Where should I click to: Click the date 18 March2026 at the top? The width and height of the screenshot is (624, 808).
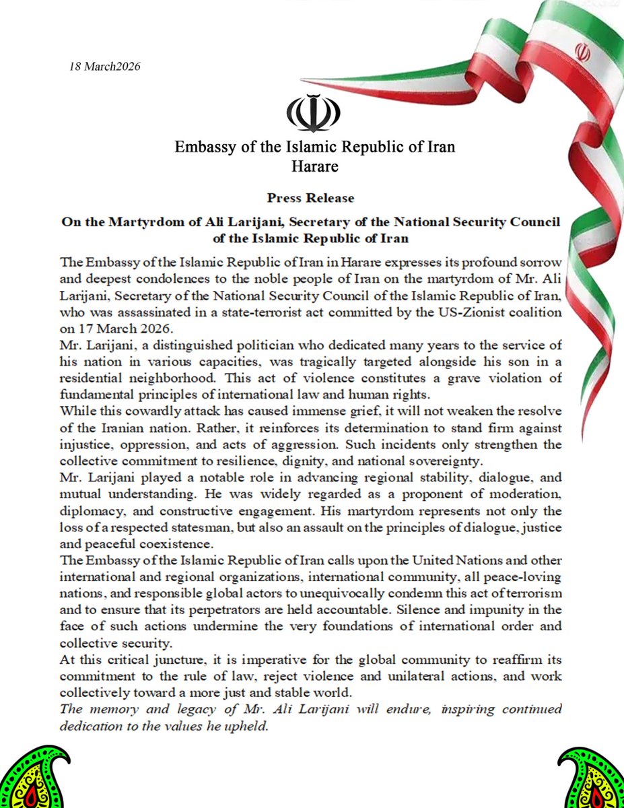pos(104,67)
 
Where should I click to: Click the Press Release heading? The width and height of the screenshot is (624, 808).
pos(310,198)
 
